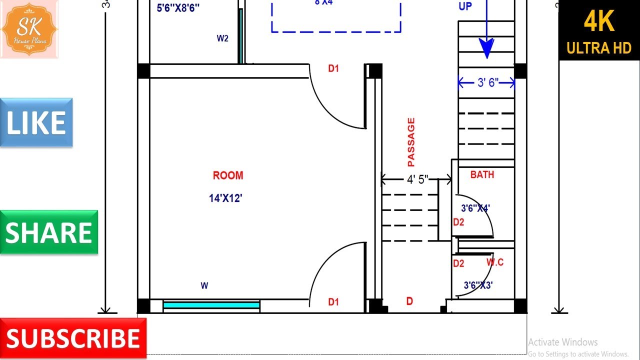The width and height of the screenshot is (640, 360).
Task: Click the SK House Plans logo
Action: tap(29, 29)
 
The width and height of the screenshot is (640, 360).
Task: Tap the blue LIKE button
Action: tap(36, 122)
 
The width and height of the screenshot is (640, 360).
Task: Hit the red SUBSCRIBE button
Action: tap(73, 338)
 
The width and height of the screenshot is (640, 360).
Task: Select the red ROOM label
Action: tap(228, 175)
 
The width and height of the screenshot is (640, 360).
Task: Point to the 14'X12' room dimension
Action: tap(225, 198)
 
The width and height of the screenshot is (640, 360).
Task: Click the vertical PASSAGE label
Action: tap(411, 142)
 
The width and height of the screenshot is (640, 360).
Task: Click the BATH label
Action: tap(482, 174)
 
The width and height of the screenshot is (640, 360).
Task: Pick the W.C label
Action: tap(495, 262)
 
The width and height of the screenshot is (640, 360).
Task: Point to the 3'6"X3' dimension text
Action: tap(478, 285)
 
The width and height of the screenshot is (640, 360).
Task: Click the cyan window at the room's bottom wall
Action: tap(211, 304)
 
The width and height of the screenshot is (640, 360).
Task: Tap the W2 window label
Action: tap(222, 38)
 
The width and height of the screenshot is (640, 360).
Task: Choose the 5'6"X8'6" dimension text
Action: tap(178, 7)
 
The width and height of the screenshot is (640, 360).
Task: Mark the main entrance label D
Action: tap(409, 301)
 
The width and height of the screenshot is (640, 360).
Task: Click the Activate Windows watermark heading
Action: tap(562, 342)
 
